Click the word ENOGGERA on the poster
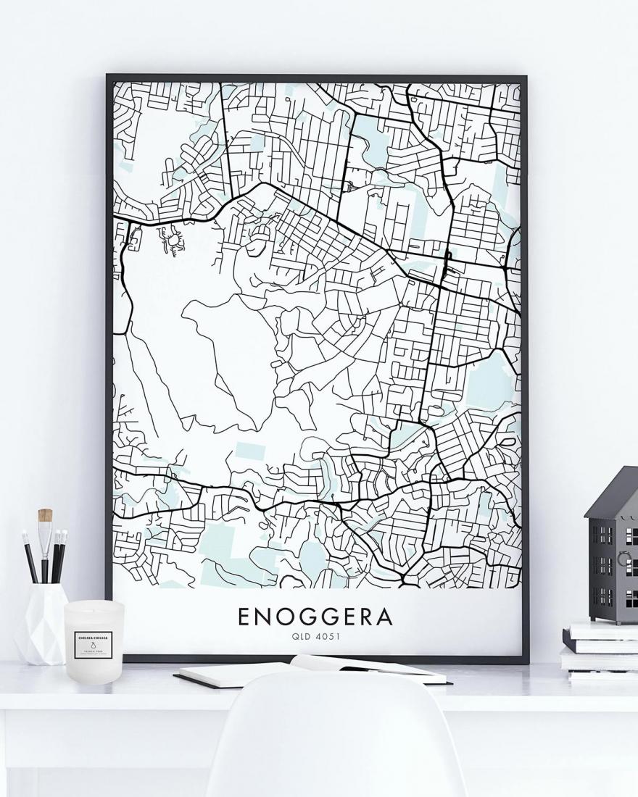coord(315,617)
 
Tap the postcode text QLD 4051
coord(315,637)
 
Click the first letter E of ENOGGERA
coord(244,617)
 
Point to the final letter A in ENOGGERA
coord(384,617)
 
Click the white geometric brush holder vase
coord(41,623)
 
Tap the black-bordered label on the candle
coord(93,642)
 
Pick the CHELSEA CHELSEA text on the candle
coord(93,636)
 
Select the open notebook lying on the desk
coord(312,671)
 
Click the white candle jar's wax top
coord(94,607)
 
